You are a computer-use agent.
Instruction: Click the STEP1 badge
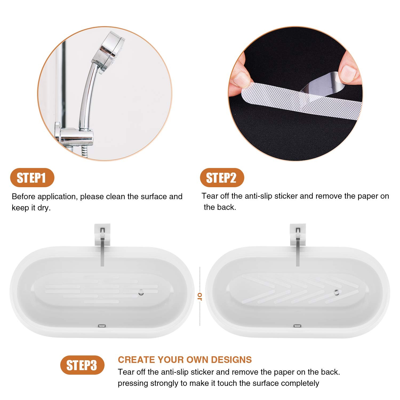(32, 178)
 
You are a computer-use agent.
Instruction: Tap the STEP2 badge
(222, 178)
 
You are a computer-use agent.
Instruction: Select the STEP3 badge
(82, 365)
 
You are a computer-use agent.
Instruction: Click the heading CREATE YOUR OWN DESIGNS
(185, 360)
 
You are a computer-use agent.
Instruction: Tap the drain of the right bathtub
(337, 292)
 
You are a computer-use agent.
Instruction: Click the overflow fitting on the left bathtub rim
(102, 326)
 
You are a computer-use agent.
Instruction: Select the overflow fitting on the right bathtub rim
(297, 326)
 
